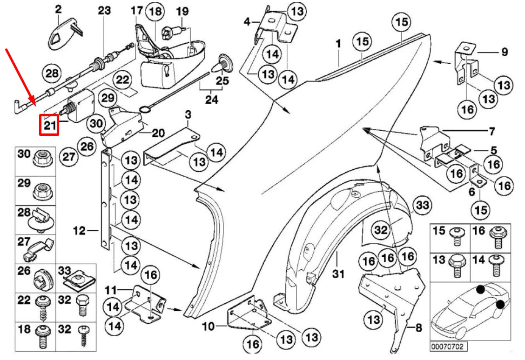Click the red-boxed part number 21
(x=49, y=125)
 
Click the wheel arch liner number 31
(x=338, y=274)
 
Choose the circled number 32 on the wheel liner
(x=381, y=229)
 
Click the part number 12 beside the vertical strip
(x=80, y=230)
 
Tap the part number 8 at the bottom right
(x=418, y=328)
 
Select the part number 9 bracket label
(x=505, y=53)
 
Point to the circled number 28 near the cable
(x=52, y=73)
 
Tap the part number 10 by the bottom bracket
(x=209, y=327)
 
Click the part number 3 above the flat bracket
(x=188, y=114)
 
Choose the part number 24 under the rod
(x=211, y=99)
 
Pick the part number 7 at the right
(x=492, y=132)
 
